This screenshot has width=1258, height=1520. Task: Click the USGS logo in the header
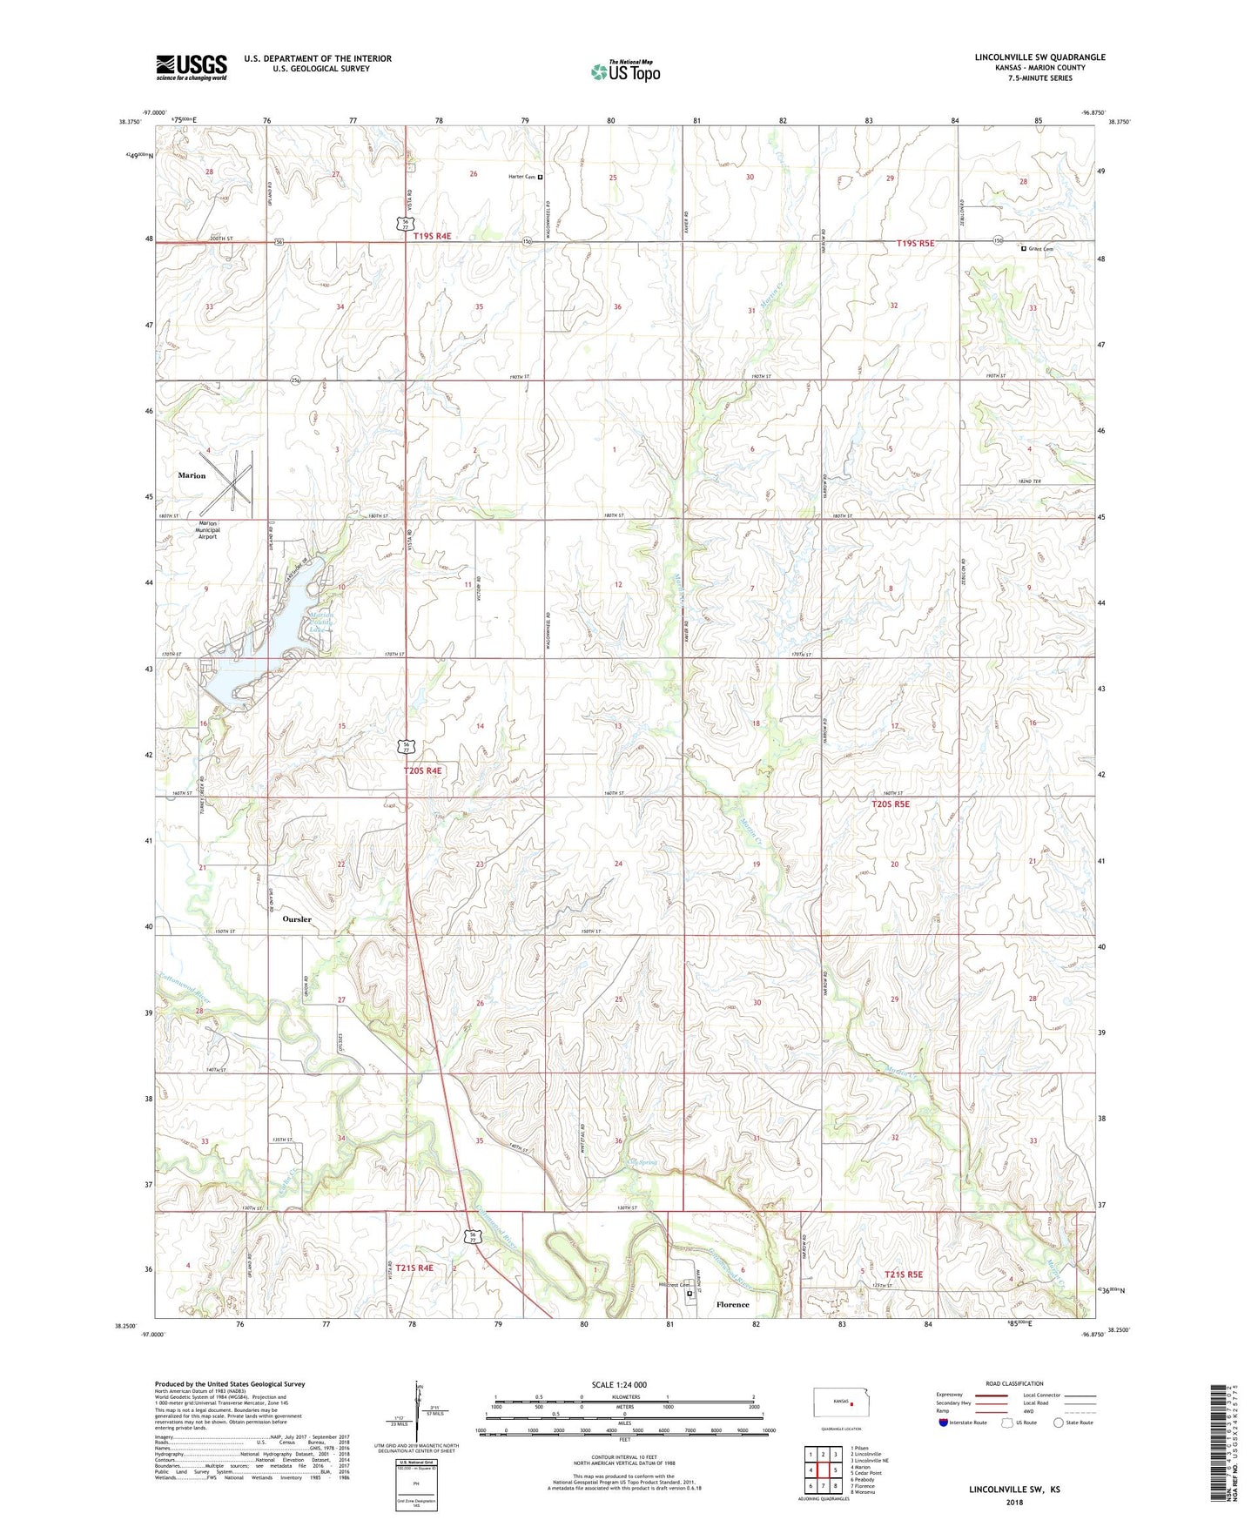tap(192, 67)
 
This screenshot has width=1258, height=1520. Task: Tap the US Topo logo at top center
tap(625, 71)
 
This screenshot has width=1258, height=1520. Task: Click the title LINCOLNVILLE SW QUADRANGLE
tap(1039, 57)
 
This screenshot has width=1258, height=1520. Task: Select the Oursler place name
tap(297, 919)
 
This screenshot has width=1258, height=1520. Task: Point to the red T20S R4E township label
tap(422, 770)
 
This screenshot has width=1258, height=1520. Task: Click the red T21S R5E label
tap(903, 1275)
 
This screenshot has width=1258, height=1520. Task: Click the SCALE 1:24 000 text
tap(619, 1384)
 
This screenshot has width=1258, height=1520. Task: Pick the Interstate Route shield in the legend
tap(944, 1422)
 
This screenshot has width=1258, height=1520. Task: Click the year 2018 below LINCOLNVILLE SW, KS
tap(1014, 1503)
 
